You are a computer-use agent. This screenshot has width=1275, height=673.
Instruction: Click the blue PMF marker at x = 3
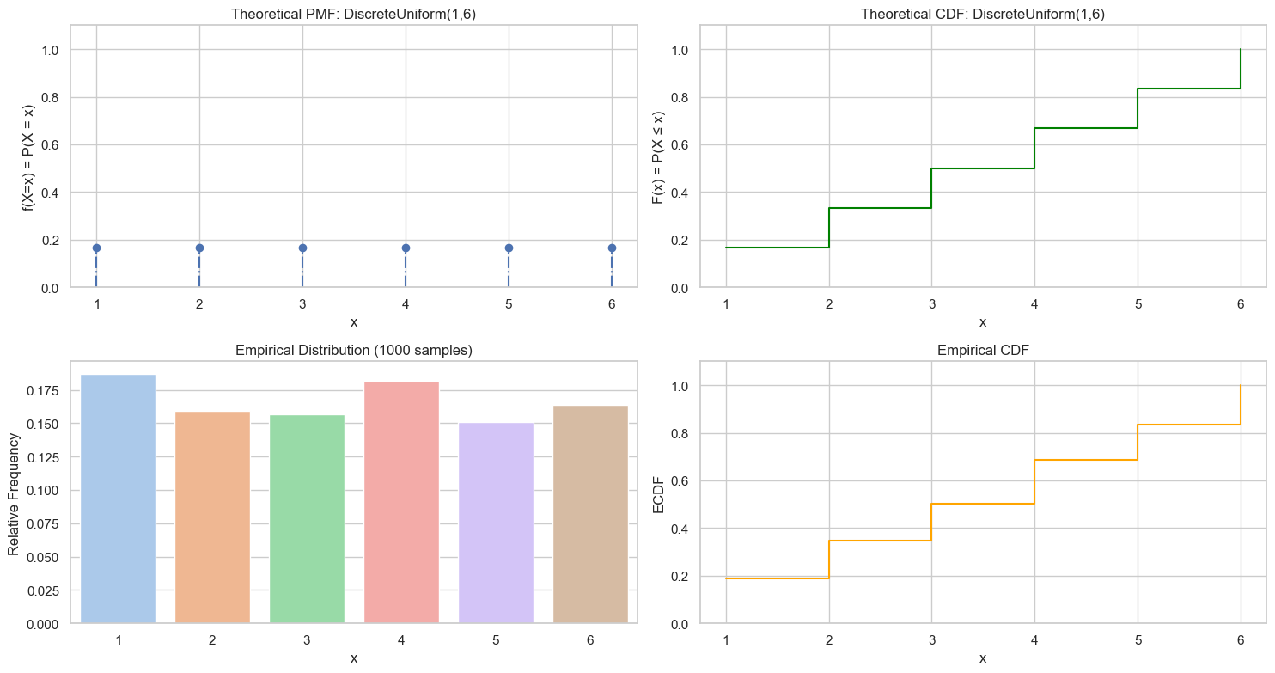302,248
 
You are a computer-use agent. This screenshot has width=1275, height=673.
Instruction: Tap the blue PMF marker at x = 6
612,248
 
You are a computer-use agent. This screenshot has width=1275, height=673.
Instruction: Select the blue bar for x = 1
118,499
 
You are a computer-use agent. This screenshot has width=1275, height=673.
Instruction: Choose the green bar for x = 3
307,519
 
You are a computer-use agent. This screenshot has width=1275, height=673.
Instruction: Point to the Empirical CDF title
983,350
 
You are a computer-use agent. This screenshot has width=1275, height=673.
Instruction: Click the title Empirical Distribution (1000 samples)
353,350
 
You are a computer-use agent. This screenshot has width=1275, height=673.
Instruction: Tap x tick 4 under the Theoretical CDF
1034,303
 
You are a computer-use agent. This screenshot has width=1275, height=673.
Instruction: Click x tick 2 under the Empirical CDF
829,639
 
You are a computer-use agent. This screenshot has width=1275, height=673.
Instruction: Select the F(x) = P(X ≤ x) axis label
659,156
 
